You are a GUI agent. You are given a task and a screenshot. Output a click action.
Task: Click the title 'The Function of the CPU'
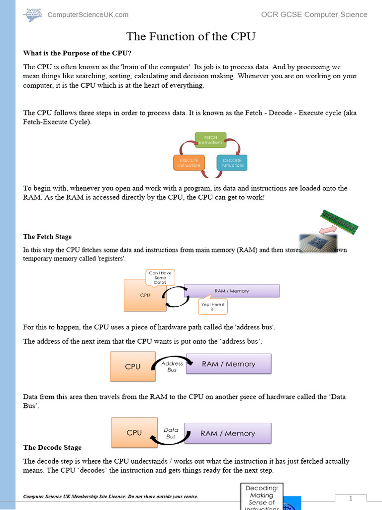191,36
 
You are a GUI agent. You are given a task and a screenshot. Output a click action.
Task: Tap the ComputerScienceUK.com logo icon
33,14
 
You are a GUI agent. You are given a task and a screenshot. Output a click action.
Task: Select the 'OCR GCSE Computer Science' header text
314,14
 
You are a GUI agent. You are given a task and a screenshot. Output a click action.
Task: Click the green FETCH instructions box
210,140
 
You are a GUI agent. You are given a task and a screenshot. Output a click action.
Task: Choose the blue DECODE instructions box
232,163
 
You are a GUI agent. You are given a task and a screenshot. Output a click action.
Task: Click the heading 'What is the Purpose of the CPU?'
77,53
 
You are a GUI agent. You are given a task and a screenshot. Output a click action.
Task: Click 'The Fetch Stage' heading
47,237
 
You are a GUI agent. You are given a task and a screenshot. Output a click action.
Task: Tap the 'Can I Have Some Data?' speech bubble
160,278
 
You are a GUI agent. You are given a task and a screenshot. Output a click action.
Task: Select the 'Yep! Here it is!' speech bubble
213,307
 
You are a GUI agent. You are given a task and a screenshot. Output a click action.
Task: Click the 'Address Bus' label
172,367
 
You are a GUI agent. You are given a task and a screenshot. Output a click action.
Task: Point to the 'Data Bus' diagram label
171,433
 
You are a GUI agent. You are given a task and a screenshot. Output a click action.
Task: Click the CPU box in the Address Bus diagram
133,367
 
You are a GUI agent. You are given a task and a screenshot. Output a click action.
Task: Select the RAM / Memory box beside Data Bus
228,433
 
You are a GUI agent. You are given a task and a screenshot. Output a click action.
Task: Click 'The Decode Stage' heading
52,447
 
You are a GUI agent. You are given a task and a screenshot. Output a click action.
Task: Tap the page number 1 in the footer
350,499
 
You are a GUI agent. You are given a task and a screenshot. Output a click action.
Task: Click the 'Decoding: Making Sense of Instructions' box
262,496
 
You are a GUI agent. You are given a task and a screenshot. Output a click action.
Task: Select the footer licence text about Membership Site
110,497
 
